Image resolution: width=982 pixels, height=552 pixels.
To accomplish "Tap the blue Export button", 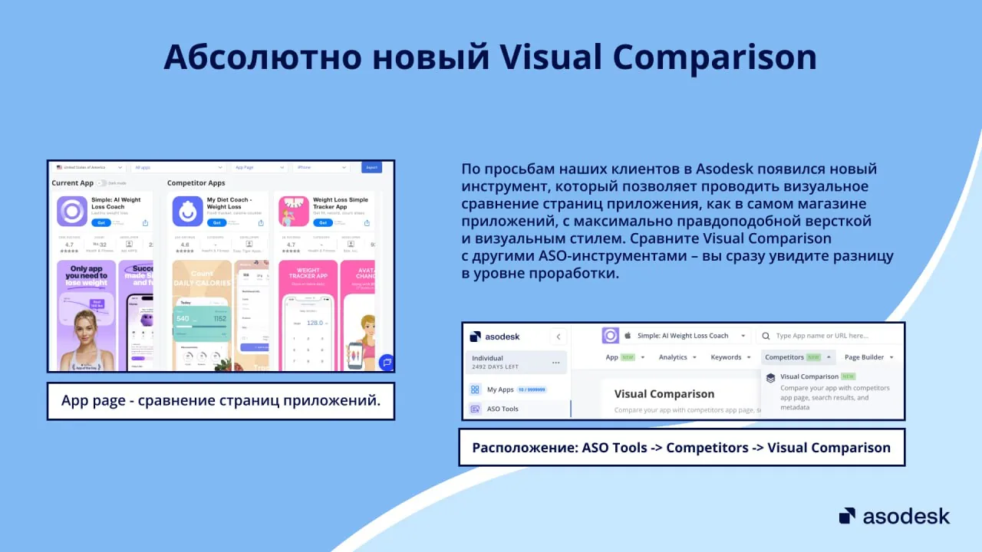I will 371,167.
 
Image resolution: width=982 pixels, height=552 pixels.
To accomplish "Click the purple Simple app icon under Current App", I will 72,211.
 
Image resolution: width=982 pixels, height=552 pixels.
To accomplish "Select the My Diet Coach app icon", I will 187,211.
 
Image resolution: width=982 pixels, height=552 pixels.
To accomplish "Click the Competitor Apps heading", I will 196,183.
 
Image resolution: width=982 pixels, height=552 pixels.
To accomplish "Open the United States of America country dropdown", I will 89,167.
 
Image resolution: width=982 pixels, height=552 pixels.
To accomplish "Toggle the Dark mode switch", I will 102,183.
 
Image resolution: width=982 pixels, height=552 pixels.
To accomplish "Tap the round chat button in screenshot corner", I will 387,362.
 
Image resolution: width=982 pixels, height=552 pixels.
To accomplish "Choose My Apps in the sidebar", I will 500,389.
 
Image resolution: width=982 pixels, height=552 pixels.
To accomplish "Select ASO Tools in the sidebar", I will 502,409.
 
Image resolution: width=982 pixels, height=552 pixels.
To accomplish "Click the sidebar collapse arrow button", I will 559,336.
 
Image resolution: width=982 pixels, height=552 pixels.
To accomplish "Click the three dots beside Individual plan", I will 555,363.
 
